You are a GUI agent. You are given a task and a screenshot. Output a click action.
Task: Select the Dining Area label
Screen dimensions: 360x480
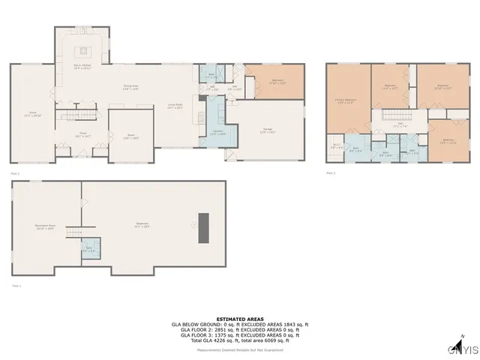(130, 87)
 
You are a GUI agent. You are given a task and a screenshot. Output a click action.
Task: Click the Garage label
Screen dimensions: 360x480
(268, 132)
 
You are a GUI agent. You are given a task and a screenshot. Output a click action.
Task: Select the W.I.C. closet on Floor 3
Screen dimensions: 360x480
(337, 147)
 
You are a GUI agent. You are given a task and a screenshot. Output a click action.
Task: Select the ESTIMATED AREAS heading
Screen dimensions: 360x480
(240, 318)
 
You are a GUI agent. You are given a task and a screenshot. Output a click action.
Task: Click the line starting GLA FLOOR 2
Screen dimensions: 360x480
(240, 329)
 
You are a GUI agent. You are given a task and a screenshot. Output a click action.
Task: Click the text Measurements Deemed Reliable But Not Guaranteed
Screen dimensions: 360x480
(240, 348)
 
